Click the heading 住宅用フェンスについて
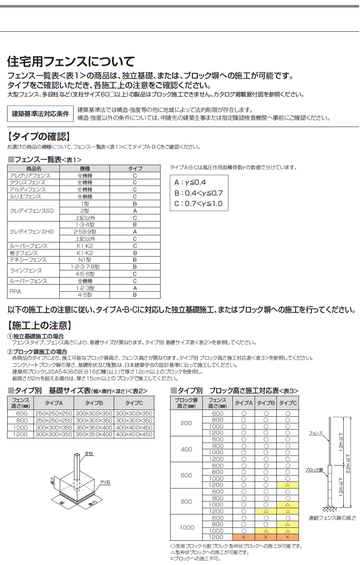[71, 62]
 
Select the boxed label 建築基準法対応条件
[40, 114]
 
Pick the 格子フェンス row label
[24, 253]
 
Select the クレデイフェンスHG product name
[32, 232]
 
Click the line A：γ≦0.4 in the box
[190, 183]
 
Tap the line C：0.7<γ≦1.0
[199, 204]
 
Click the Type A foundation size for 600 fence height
[54, 414]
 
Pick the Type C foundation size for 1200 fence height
[134, 435]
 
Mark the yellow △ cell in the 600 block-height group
[287, 485]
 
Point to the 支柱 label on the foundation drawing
[89, 453]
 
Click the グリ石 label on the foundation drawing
[105, 482]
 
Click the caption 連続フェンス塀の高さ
[332, 518]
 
